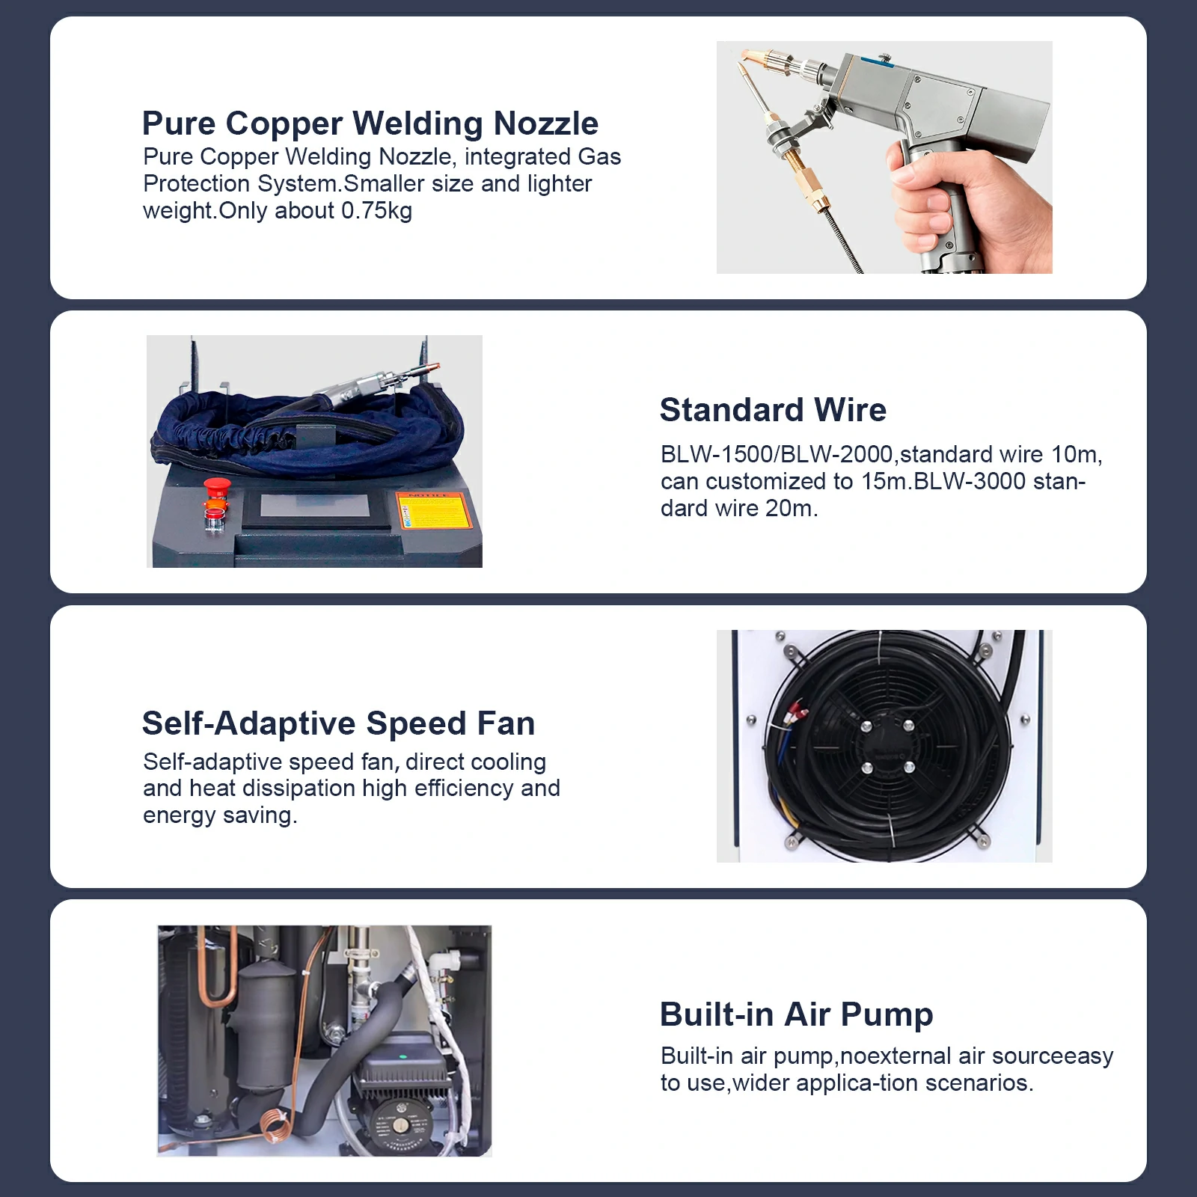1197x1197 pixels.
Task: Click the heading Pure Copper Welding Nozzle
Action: click(x=370, y=123)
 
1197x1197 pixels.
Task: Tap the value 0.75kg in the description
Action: click(x=376, y=211)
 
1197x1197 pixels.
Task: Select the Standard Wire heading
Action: click(x=773, y=410)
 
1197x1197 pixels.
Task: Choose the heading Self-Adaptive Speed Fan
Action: click(x=338, y=723)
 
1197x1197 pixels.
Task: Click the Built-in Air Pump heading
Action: click(x=796, y=1014)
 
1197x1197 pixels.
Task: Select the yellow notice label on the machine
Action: click(x=434, y=511)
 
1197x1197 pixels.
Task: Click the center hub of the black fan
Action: click(x=887, y=746)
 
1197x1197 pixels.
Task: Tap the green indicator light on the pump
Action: click(x=402, y=1058)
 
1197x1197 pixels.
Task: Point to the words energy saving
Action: click(x=220, y=816)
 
